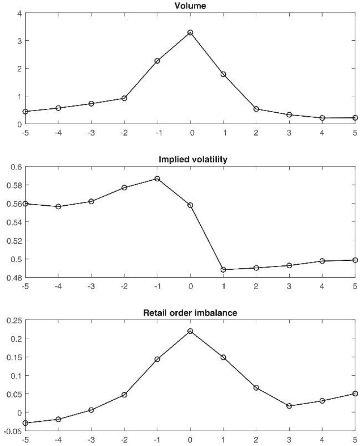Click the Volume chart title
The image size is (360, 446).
[x=190, y=5]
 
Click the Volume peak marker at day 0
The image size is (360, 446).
[x=190, y=32]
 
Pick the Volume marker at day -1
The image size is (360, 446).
[x=157, y=61]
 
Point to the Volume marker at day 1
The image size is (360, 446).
[x=223, y=74]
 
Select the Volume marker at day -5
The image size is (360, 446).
[x=25, y=112]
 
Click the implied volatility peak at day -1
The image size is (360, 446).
[x=157, y=179]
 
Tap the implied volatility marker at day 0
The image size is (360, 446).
[x=190, y=205]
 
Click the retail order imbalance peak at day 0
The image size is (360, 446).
[x=190, y=331]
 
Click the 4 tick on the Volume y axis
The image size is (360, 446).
[x=18, y=13]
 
